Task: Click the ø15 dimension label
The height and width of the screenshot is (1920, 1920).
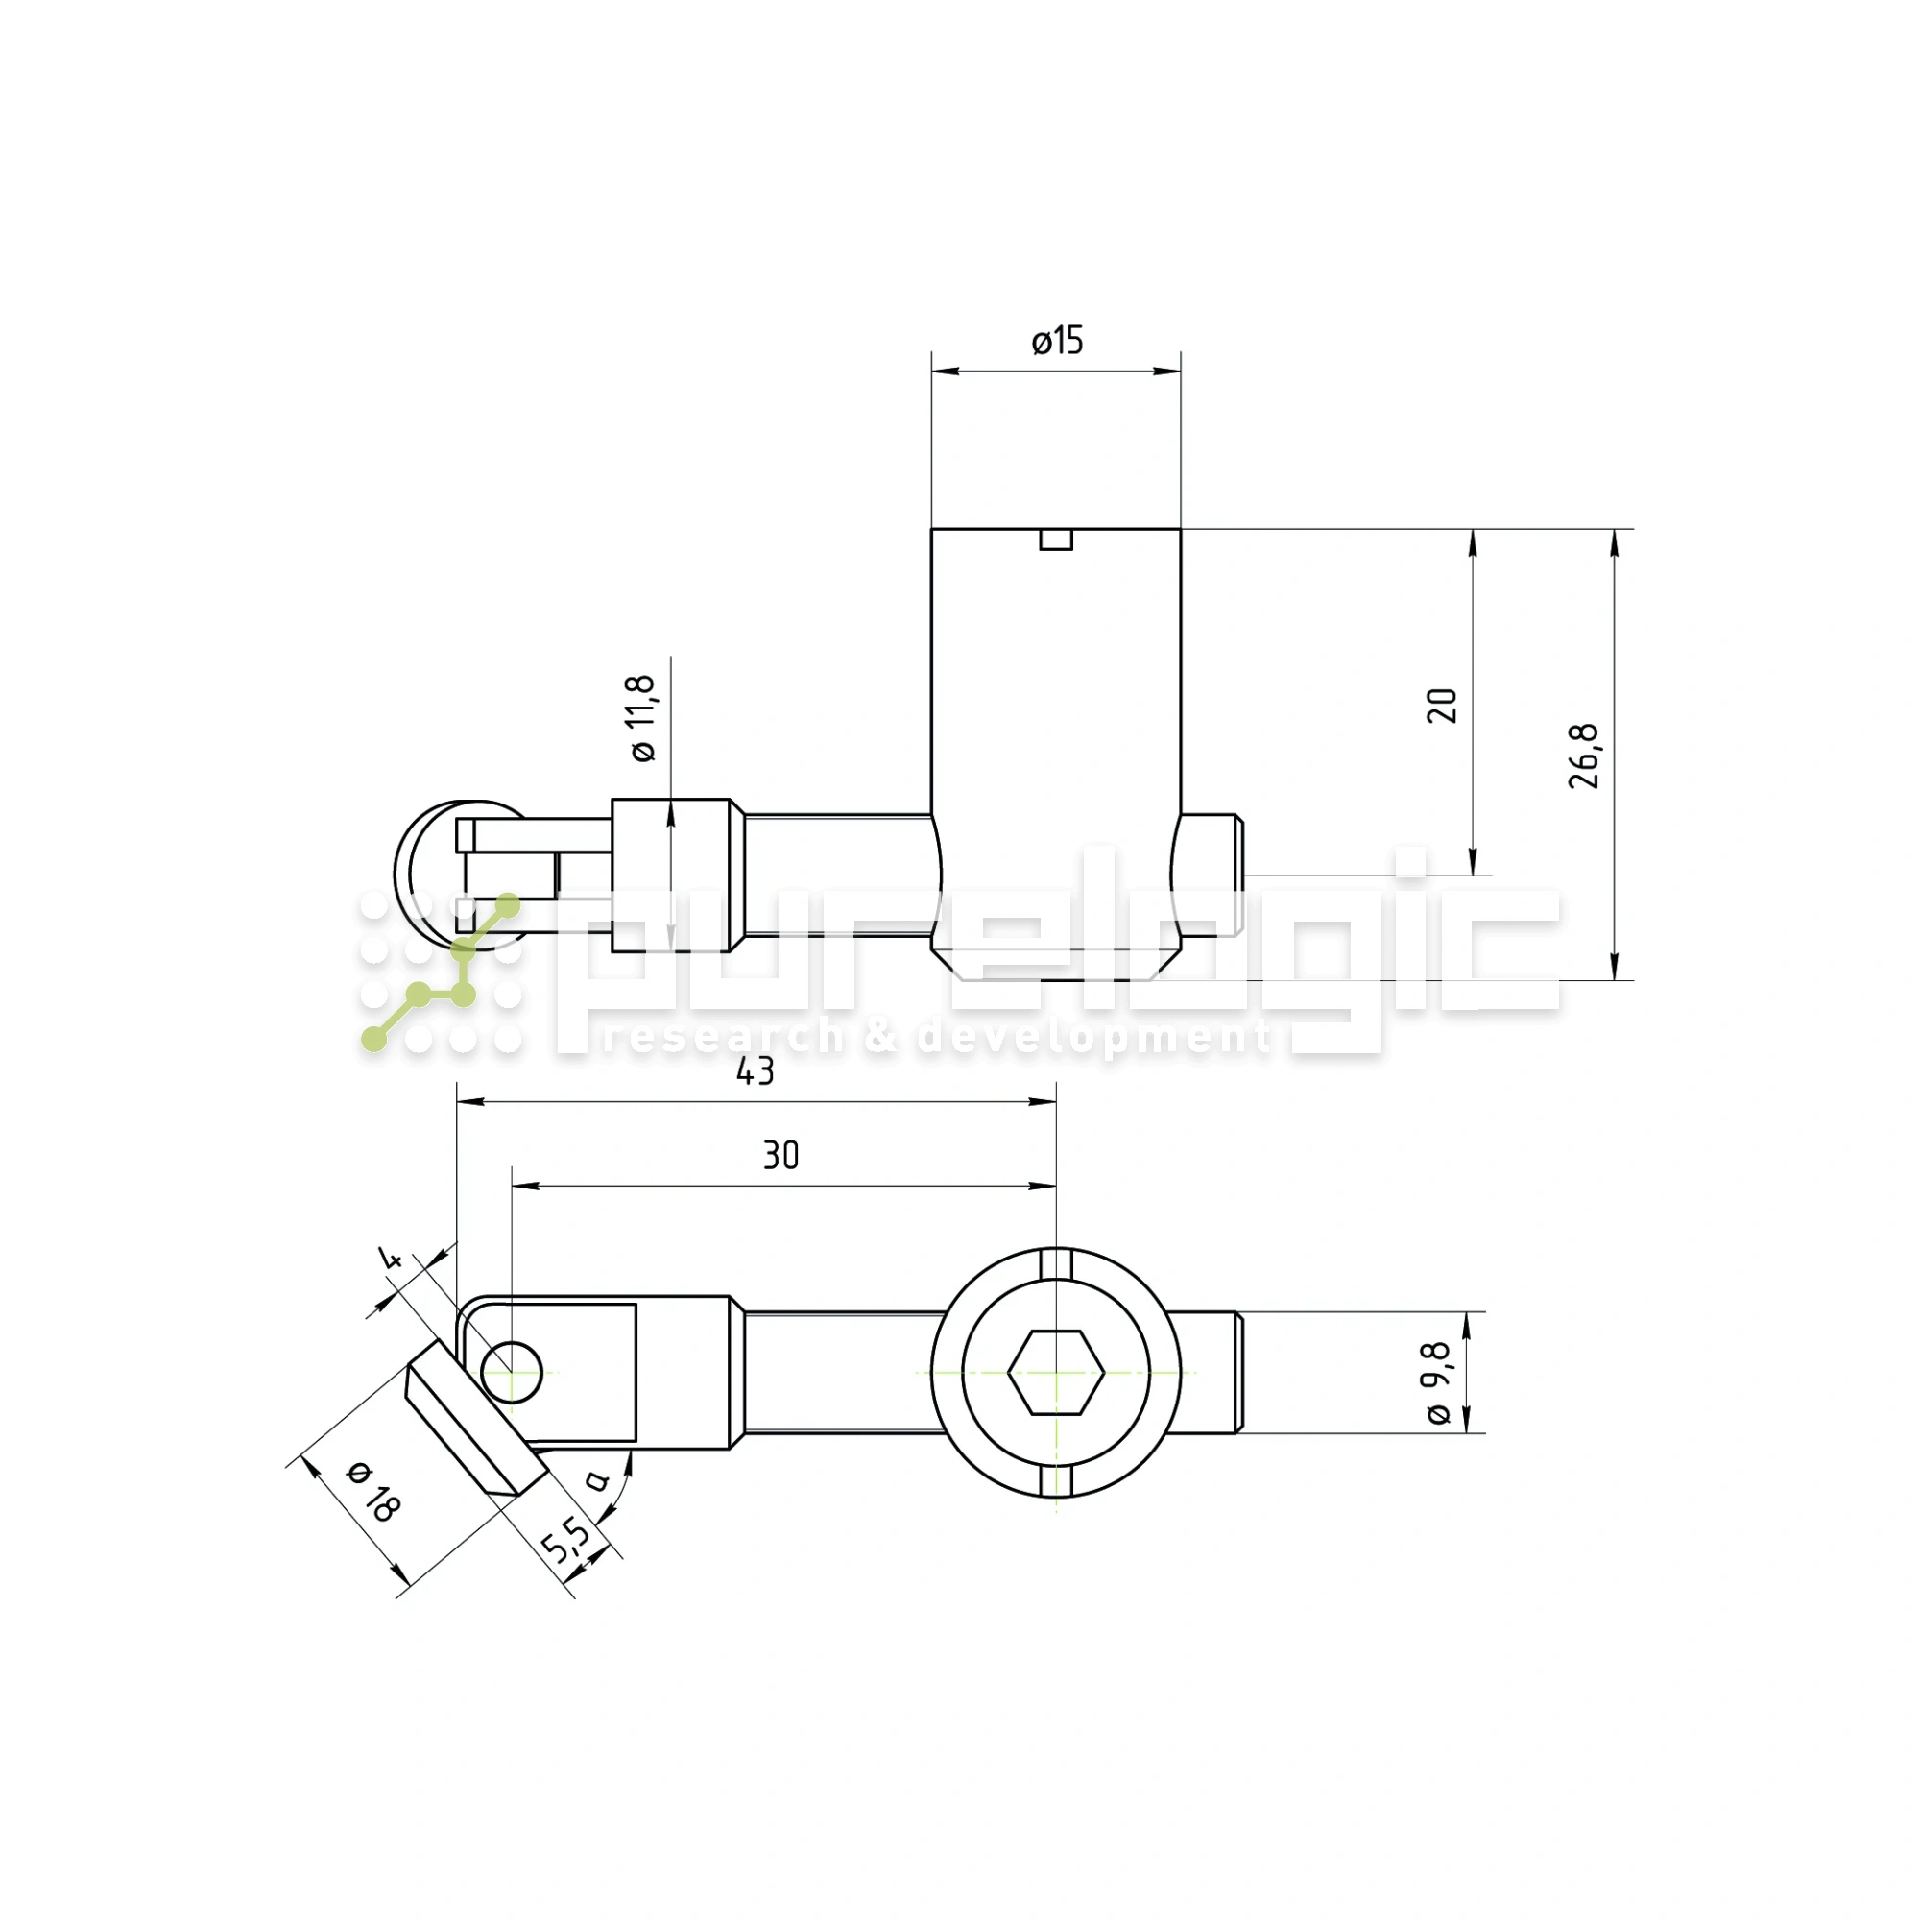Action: pos(1057,341)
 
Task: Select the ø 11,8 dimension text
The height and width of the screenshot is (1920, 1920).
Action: pos(643,717)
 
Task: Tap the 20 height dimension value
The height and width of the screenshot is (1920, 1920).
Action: pos(1442,705)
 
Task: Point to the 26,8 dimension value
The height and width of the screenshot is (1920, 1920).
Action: pos(1584,756)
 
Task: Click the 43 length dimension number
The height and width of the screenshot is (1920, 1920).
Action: pos(756,1071)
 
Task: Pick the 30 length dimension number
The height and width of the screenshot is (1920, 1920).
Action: pos(781,1155)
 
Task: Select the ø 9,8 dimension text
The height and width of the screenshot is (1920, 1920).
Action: pos(1440,1381)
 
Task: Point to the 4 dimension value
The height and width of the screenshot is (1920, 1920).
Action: pos(392,1260)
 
